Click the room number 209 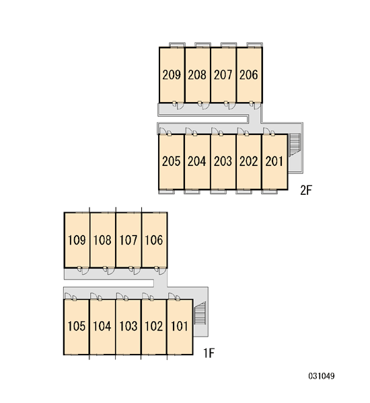(x=172, y=75)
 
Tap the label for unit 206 (x=248, y=75)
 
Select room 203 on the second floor (x=223, y=161)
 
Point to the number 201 (x=274, y=161)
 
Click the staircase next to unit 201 (x=294, y=144)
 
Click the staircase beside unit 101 (x=200, y=313)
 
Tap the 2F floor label (x=306, y=191)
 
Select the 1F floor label (x=209, y=353)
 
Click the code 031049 (x=322, y=376)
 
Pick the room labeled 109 (x=77, y=240)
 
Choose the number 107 (x=128, y=240)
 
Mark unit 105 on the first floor (x=77, y=326)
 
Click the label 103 (x=128, y=326)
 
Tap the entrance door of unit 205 (x=163, y=131)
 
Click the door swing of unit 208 (x=206, y=105)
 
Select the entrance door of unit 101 (x=172, y=296)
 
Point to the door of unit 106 (x=163, y=271)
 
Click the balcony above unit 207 (x=229, y=45)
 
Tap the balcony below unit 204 (x=192, y=191)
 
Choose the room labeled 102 (x=154, y=326)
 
